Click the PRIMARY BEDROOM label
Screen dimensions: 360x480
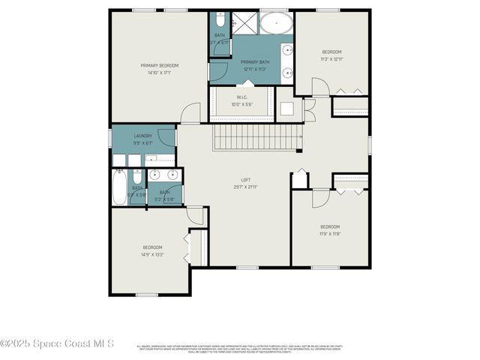click(x=158, y=65)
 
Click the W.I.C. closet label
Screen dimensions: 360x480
click(x=241, y=96)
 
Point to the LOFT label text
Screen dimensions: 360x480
click(x=245, y=180)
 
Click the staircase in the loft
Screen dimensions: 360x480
click(x=256, y=137)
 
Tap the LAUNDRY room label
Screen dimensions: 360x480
click(x=143, y=136)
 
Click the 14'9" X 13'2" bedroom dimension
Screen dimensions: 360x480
click(x=153, y=254)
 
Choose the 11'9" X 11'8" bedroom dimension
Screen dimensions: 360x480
click(x=331, y=234)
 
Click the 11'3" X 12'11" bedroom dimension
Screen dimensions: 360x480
click(x=331, y=58)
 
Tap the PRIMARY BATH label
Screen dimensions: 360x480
click(x=256, y=62)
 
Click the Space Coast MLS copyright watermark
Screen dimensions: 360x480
click(x=57, y=343)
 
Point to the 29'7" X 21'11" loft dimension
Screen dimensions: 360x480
click(x=245, y=187)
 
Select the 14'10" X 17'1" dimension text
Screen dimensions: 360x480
click(x=158, y=73)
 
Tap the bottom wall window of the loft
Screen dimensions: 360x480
click(x=247, y=267)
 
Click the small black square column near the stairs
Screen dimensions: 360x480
click(x=299, y=152)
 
